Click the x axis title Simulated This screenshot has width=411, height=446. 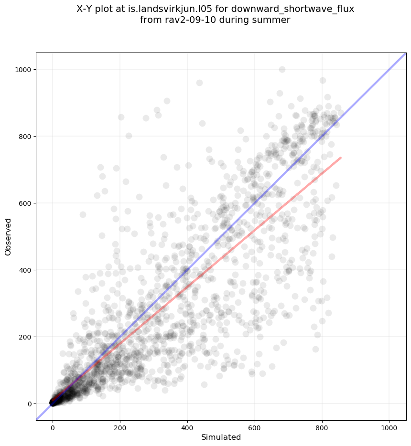click(221, 437)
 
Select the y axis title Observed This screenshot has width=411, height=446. click(8, 237)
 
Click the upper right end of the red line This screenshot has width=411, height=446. click(341, 158)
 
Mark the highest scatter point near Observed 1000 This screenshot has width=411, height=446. click(282, 70)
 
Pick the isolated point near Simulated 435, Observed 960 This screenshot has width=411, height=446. click(199, 83)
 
